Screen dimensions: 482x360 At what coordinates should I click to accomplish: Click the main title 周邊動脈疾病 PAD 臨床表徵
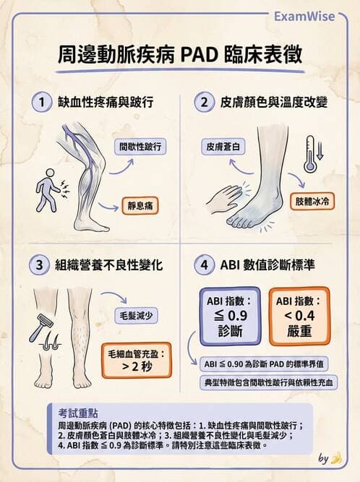pos(179,55)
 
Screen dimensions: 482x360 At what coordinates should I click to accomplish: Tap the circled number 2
pos(204,103)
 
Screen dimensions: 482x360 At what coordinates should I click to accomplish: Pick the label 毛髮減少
pos(137,316)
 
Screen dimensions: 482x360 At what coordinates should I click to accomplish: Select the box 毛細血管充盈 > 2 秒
pos(135,361)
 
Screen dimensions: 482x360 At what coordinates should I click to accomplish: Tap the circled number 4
pos(204,264)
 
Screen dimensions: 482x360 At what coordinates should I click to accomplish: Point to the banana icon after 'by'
pos(335,457)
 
